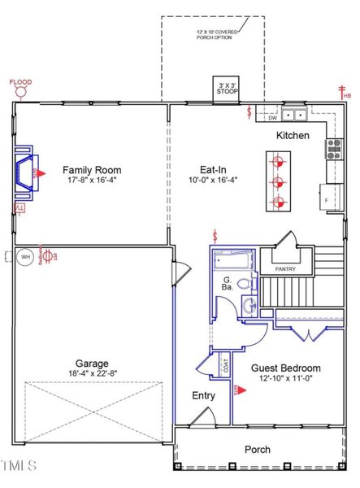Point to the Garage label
[x=91, y=364]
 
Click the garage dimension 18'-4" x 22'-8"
[x=91, y=374]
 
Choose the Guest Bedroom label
[x=284, y=368]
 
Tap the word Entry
[x=203, y=395]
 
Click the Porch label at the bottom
[x=258, y=449]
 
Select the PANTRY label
[x=285, y=269]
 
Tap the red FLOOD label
[x=20, y=82]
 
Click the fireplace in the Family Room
[x=28, y=172]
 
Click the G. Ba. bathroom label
[x=228, y=285]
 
